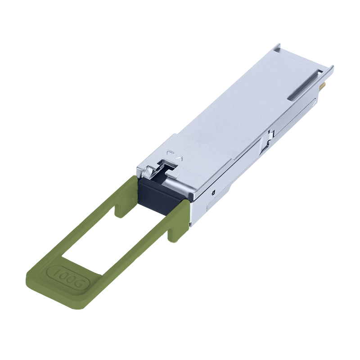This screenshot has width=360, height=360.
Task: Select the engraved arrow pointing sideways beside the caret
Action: coord(170,153)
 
